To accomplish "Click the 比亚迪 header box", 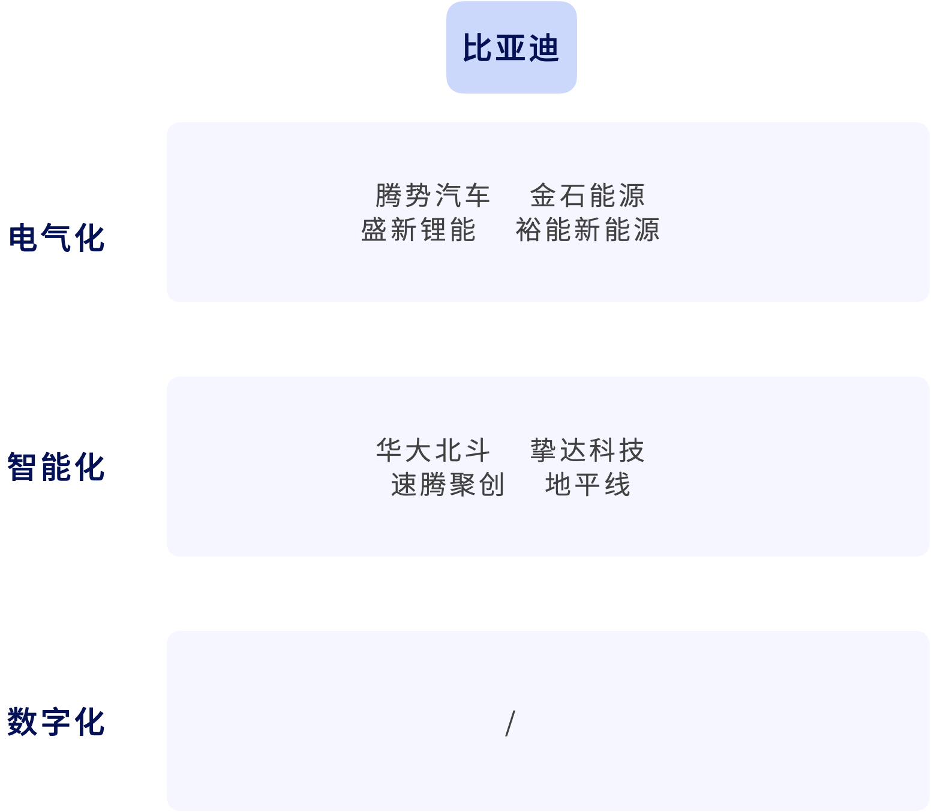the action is point(511,47).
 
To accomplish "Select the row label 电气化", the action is point(57,238).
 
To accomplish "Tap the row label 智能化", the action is point(56,467).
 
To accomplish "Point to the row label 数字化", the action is point(56,721).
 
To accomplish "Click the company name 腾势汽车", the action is point(433,196).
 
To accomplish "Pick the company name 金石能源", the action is point(587,196).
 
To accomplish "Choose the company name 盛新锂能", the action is point(418,230).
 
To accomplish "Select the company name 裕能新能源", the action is point(587,230).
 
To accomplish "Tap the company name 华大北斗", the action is point(433,450).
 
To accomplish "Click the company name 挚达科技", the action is point(587,450).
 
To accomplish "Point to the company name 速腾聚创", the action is point(448,485).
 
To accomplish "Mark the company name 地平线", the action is point(587,485).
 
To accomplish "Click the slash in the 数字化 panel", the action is point(510,723).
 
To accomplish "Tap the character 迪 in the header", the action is point(543,48).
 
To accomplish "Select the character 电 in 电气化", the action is point(23,238).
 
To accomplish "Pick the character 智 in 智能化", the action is point(22,467).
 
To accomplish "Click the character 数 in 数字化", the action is point(22,721).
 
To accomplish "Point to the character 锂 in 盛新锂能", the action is point(433,230).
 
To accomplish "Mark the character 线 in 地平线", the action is point(617,485).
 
